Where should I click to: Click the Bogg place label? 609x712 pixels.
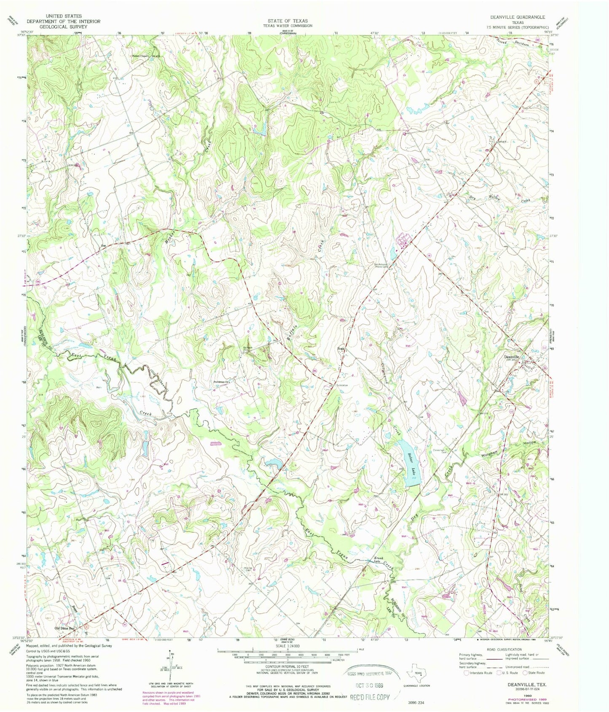click(x=341, y=348)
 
